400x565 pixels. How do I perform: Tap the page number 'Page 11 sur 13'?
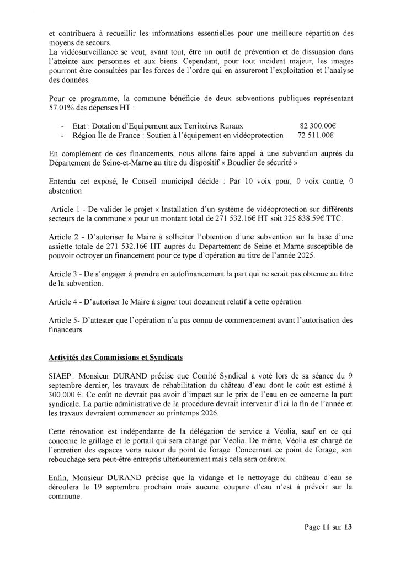[328, 527]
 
